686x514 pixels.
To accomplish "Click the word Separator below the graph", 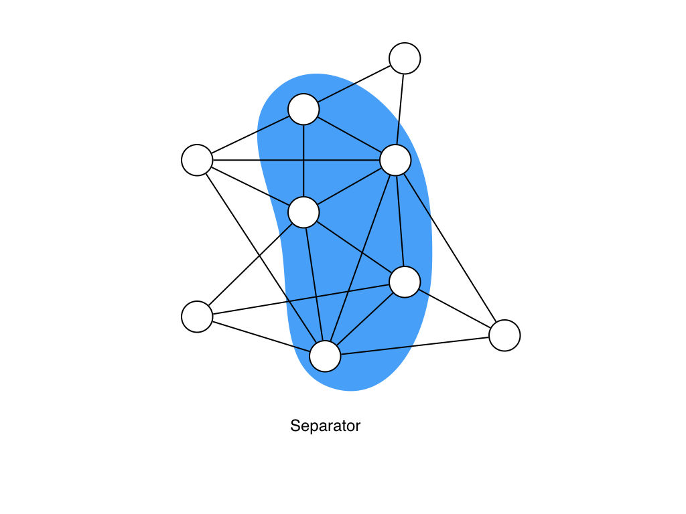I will (x=325, y=426).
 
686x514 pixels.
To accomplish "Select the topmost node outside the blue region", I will (x=405, y=58).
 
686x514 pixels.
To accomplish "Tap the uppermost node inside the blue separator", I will (x=303, y=109).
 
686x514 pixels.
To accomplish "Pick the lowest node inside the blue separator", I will (x=325, y=356).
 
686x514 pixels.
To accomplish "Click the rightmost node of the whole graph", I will (x=504, y=335).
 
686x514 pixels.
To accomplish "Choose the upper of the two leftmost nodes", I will (x=197, y=160).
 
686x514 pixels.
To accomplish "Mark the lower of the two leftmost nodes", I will (x=197, y=317).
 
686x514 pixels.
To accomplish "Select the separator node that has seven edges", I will (x=395, y=161).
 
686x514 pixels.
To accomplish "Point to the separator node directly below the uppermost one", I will (x=303, y=213).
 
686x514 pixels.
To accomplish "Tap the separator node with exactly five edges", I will (x=405, y=282).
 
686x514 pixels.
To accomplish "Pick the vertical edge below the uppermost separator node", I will (x=303, y=161).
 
